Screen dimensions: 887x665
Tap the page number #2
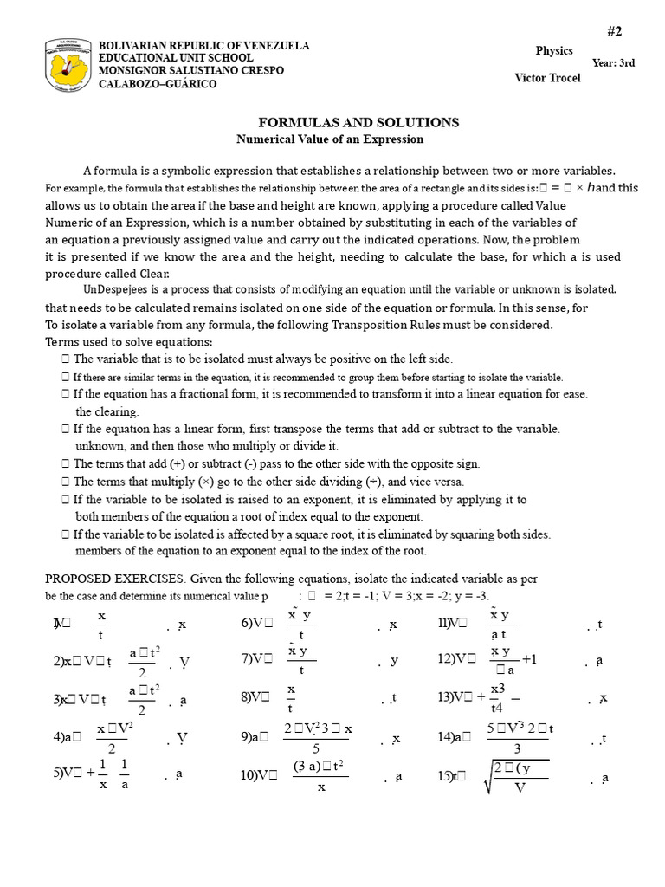click(x=614, y=31)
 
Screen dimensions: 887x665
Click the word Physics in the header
click(x=554, y=51)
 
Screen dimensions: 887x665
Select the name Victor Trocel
click(x=547, y=79)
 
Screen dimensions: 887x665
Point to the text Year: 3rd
click(x=613, y=63)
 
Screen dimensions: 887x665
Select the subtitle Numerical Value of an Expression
click(x=330, y=139)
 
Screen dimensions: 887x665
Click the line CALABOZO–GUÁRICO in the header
click(x=158, y=84)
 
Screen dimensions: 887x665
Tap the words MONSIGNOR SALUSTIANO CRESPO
click(x=191, y=70)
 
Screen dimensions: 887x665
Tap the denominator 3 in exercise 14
click(x=517, y=748)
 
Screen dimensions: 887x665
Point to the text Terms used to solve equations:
click(x=129, y=342)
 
